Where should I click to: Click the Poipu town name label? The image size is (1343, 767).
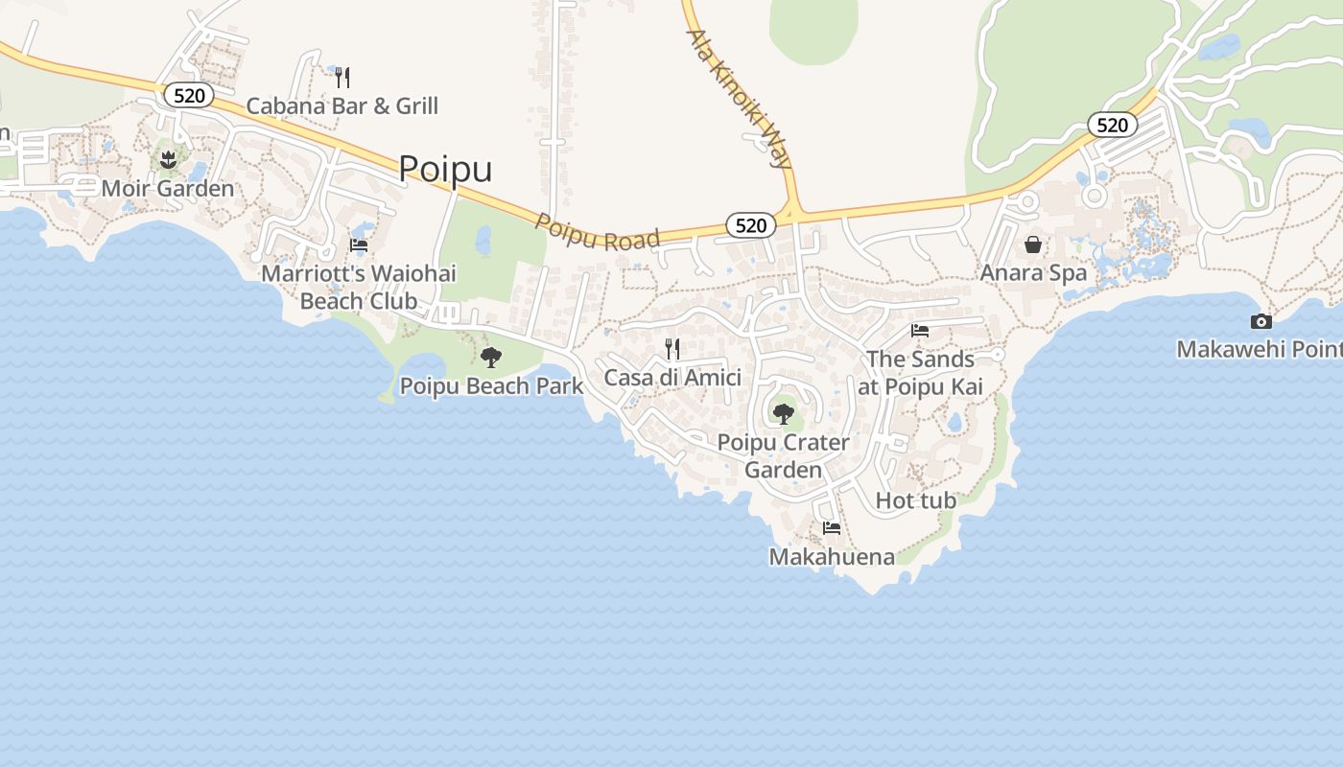(x=445, y=169)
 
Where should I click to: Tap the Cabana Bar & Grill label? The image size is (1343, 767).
(x=342, y=105)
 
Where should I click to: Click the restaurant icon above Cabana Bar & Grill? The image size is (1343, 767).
(x=342, y=77)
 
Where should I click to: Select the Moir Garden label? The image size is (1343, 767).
(x=168, y=188)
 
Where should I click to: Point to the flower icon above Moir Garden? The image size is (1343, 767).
(x=168, y=157)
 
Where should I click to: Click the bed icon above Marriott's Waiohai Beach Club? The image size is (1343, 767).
(x=359, y=245)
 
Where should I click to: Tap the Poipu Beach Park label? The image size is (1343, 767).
(x=491, y=386)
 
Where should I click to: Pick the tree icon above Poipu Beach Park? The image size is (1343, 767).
(x=491, y=358)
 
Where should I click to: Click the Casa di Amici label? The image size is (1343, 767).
(x=672, y=378)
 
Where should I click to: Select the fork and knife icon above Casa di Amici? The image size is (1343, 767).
(x=672, y=348)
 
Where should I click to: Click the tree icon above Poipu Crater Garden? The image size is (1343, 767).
(x=784, y=414)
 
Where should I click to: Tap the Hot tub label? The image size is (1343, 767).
(x=916, y=500)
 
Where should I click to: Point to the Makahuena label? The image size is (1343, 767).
(x=832, y=557)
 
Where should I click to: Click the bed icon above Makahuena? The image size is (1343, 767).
(x=832, y=528)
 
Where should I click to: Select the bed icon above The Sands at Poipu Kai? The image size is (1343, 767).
(x=920, y=331)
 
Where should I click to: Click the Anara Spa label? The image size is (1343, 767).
(x=1033, y=273)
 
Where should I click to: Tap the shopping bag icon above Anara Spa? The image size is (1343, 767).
(x=1033, y=244)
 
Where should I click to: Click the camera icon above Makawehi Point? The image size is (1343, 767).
(x=1261, y=321)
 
